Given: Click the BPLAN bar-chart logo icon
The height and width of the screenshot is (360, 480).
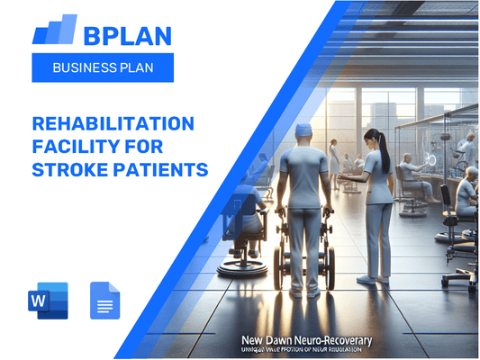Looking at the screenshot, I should point(55,31).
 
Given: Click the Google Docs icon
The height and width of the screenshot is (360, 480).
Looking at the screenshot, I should point(104,301).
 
